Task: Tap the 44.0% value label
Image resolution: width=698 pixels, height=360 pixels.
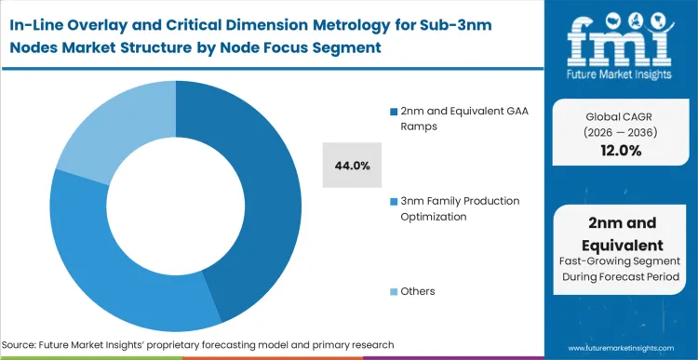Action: [353, 166]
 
